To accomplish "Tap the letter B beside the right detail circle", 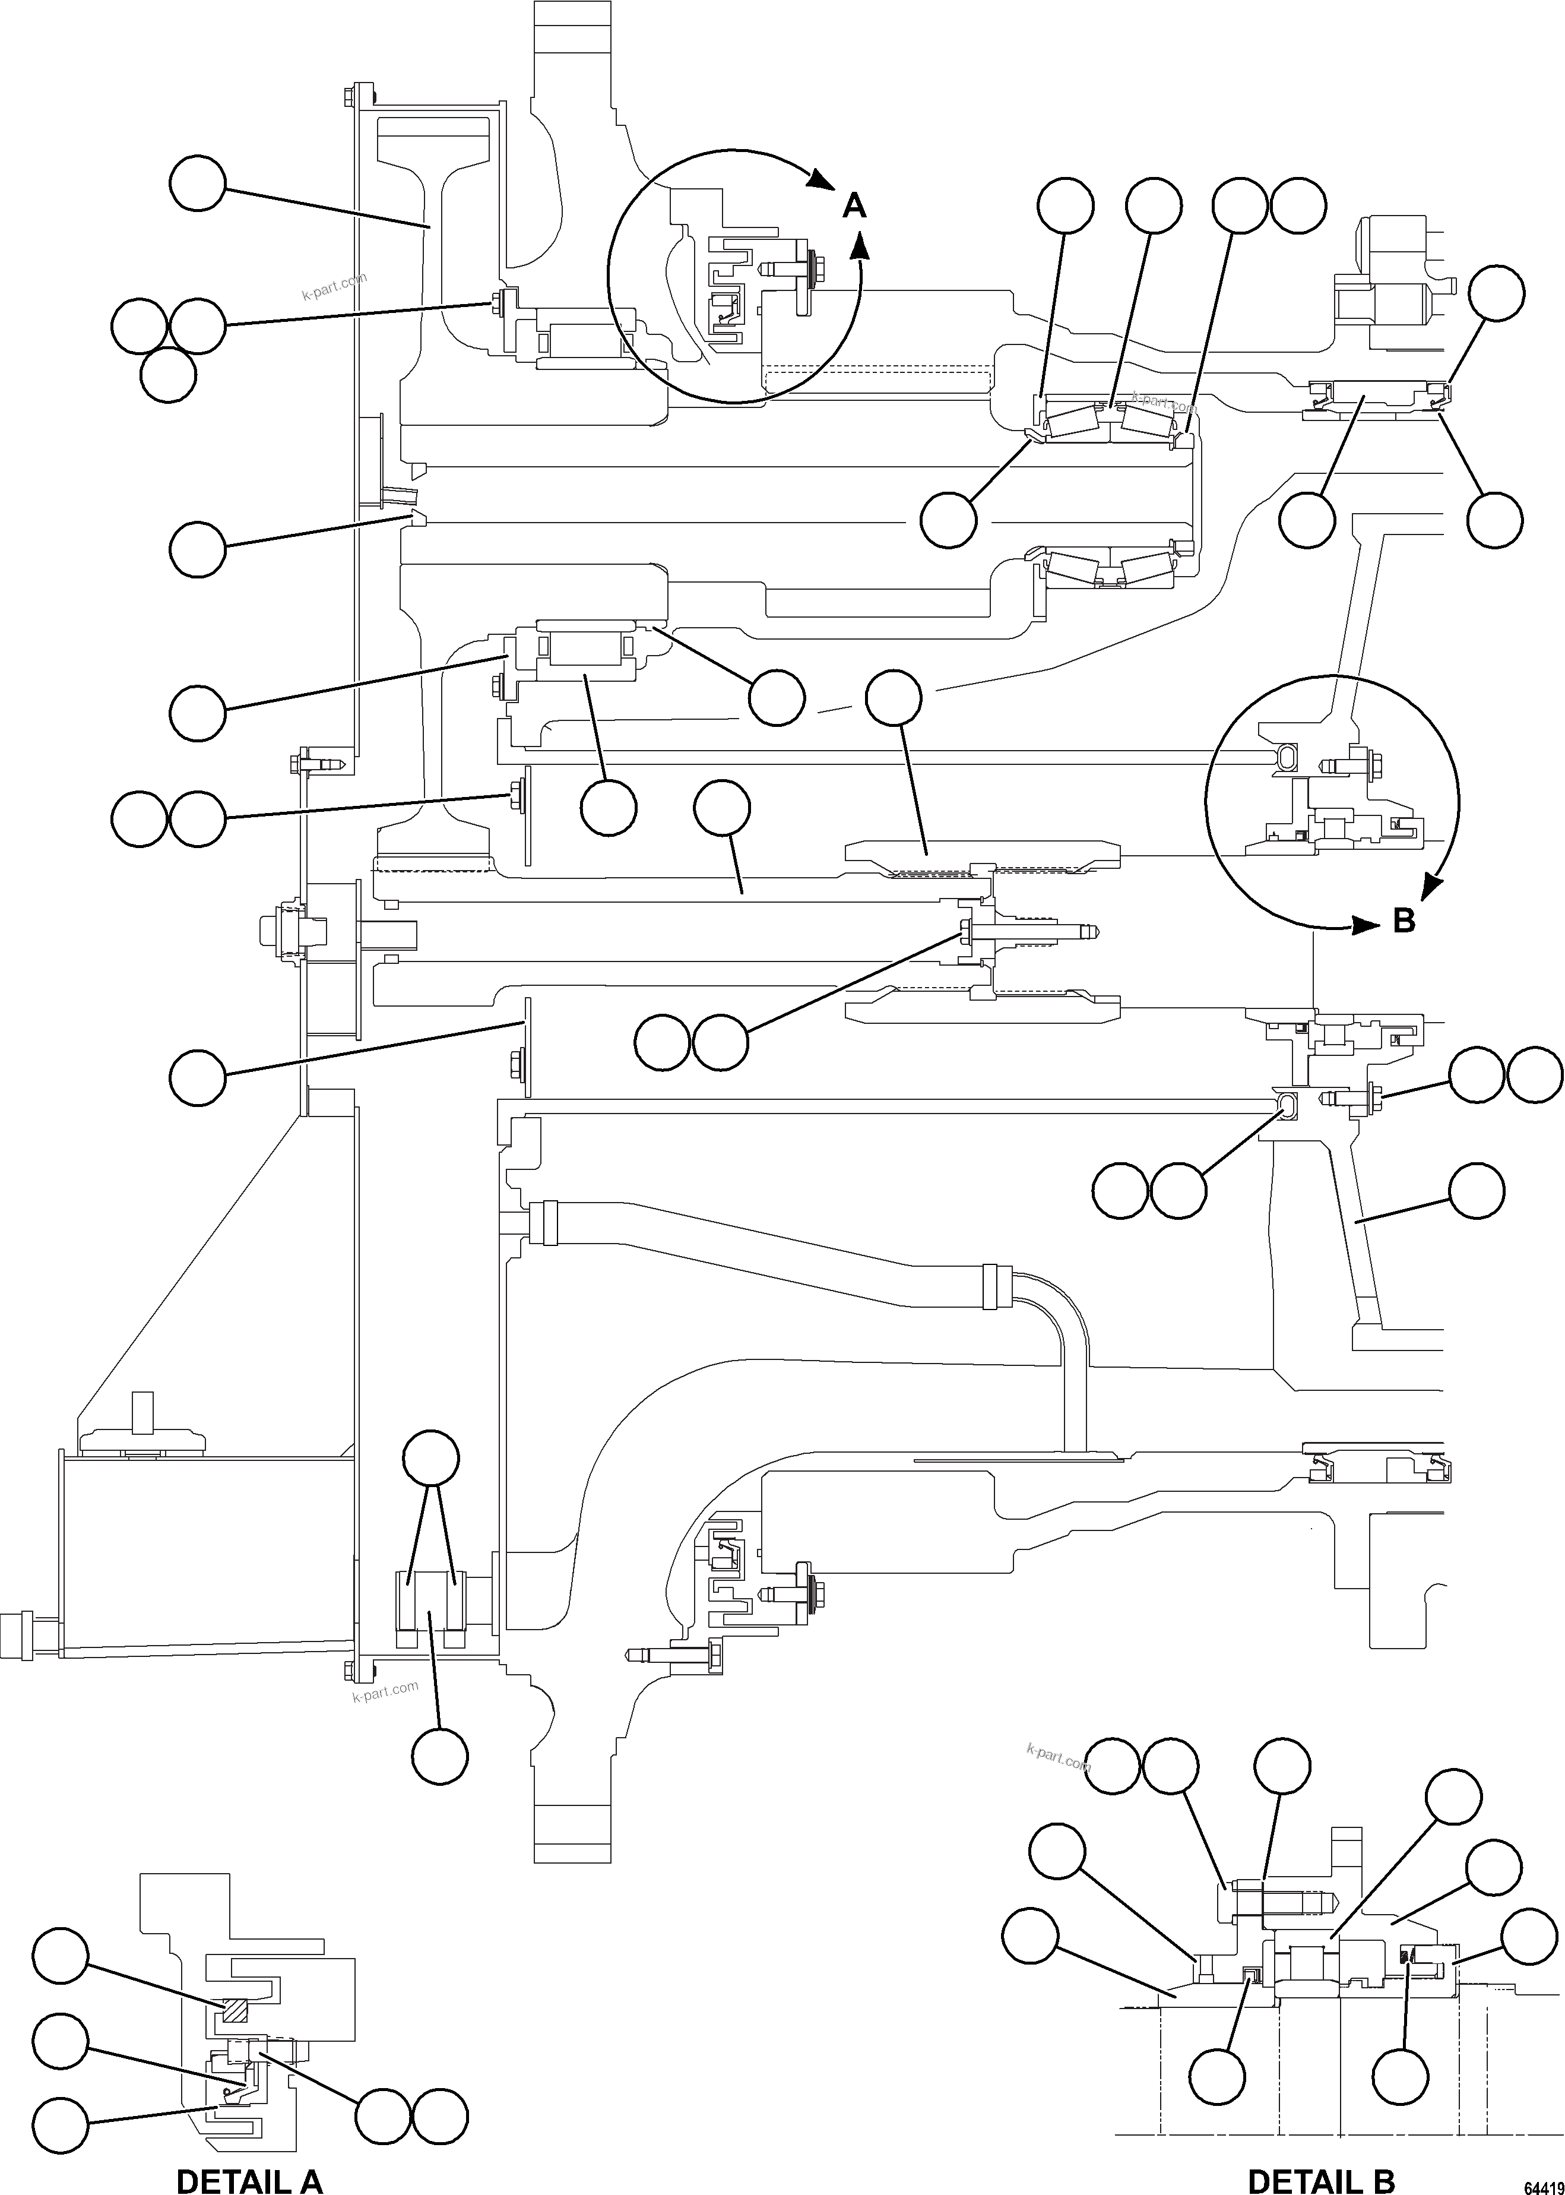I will [x=1404, y=921].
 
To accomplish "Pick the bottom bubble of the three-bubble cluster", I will [x=167, y=375].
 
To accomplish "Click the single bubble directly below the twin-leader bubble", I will [x=441, y=1756].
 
